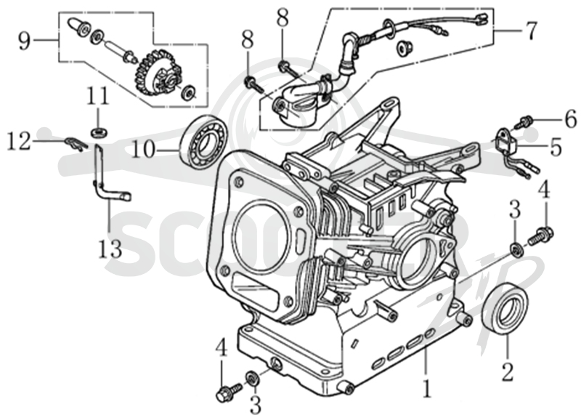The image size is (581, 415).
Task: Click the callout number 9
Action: [25, 41]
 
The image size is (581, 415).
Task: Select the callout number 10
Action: [142, 150]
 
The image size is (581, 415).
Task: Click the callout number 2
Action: [507, 371]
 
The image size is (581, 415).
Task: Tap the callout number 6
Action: [569, 118]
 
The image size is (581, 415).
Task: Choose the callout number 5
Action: [556, 148]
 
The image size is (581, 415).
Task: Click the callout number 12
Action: [20, 141]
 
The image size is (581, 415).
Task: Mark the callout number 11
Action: [98, 95]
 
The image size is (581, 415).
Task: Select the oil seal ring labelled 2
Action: [505, 308]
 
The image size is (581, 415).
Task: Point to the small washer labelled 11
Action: [98, 132]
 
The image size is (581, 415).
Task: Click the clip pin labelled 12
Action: [76, 144]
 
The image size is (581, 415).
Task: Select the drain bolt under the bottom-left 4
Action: [228, 391]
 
